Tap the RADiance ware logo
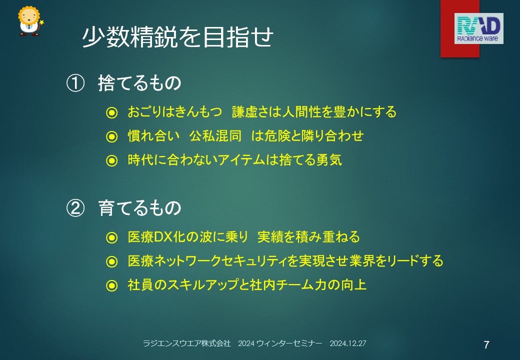(x=478, y=28)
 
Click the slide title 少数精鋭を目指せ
(x=178, y=36)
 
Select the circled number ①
(x=75, y=83)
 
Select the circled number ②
(x=75, y=208)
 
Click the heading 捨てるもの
(x=139, y=83)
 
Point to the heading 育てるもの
(x=139, y=208)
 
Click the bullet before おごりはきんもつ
(x=112, y=112)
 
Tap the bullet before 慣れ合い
(x=112, y=136)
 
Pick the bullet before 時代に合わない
(x=112, y=161)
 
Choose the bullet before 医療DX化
(x=112, y=237)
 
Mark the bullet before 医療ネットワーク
(x=112, y=261)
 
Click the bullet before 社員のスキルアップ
(x=112, y=285)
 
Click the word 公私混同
(x=215, y=136)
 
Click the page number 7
(x=486, y=345)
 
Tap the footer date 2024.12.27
(x=348, y=343)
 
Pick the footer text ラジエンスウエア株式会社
(x=186, y=343)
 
